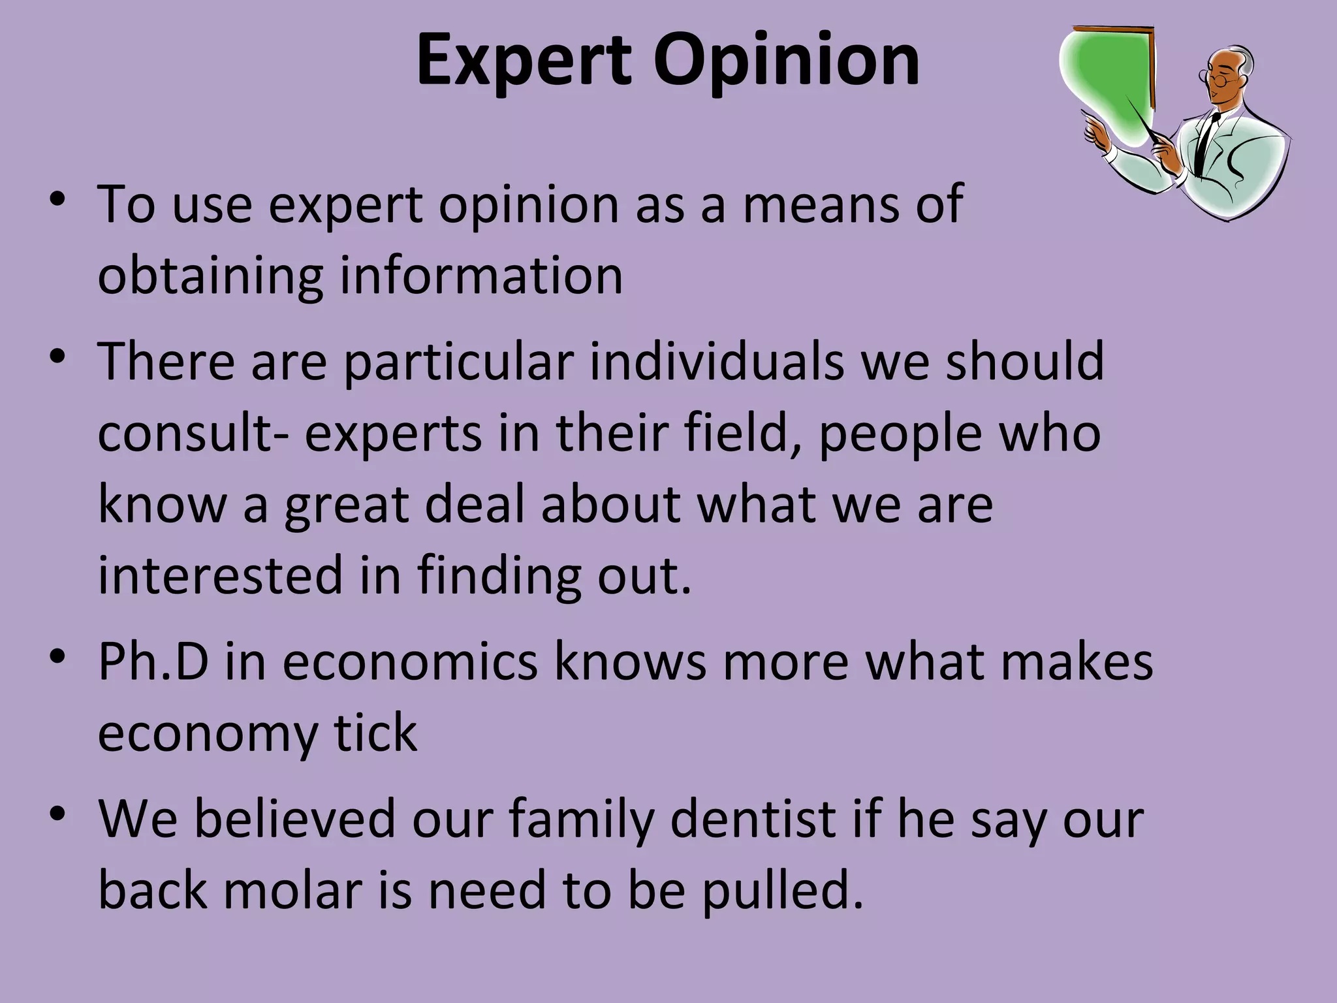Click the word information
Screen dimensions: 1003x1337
tap(481, 276)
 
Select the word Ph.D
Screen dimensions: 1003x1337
tap(153, 662)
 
